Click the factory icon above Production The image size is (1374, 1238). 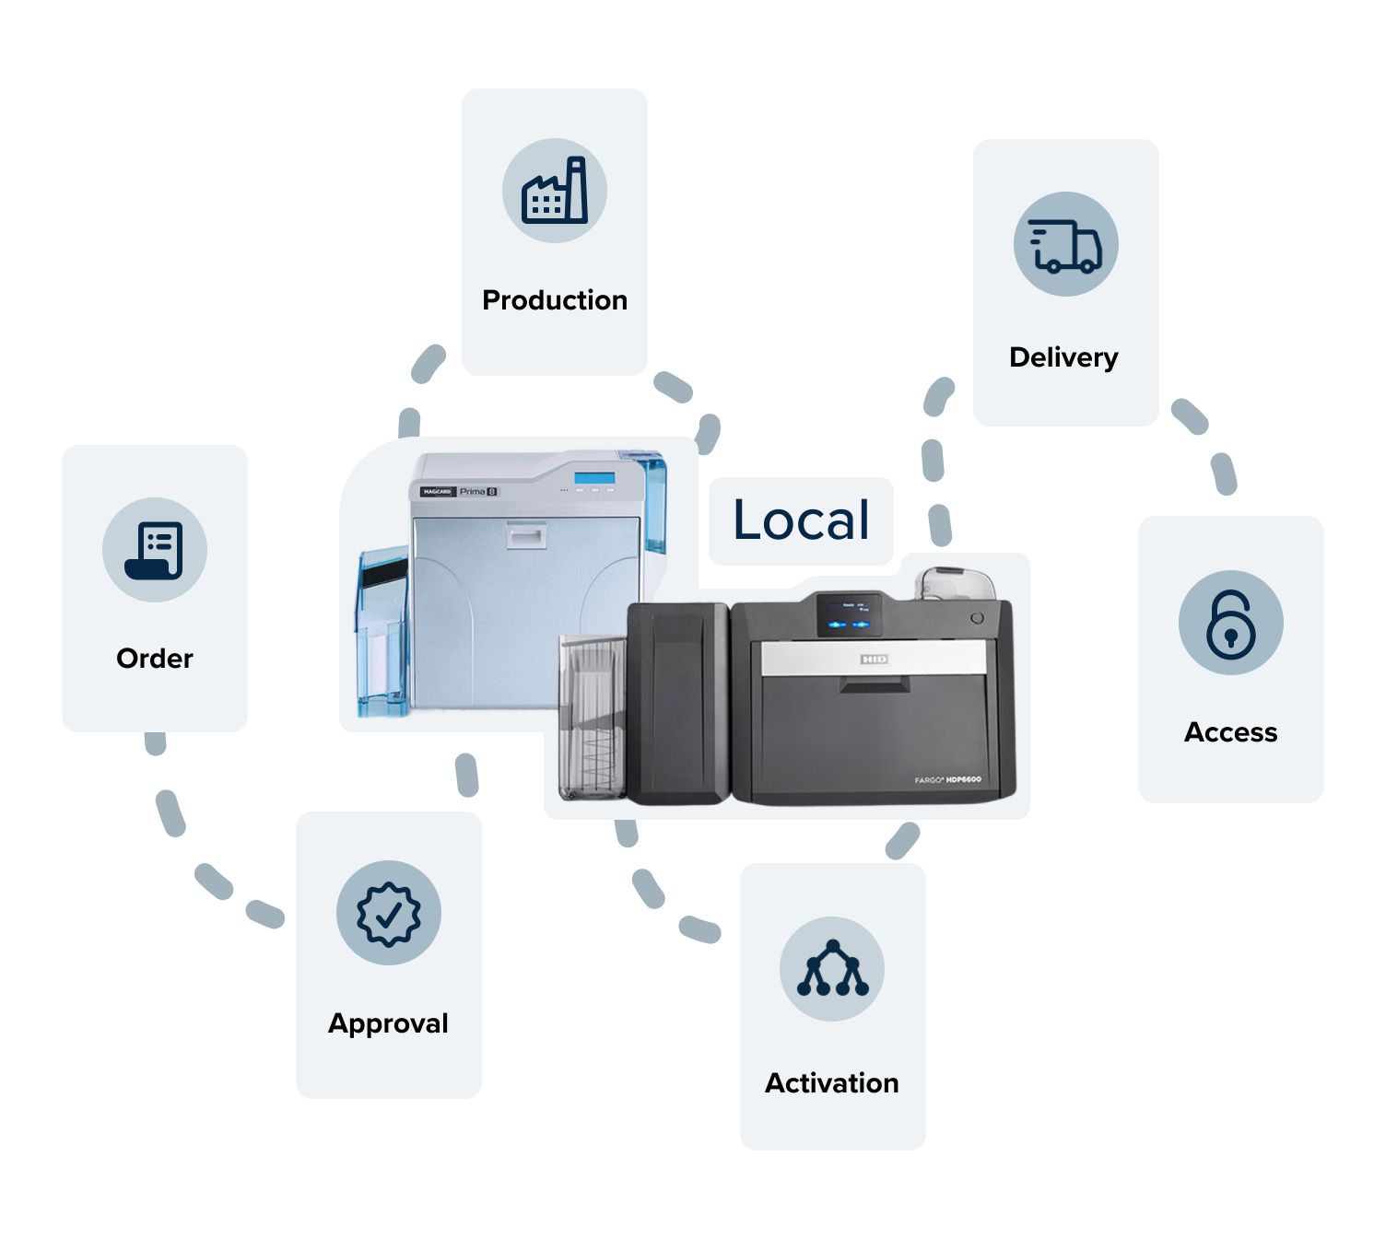555,191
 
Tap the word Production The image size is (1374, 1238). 555,300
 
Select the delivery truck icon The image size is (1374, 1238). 1065,244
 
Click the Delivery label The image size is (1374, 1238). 1063,357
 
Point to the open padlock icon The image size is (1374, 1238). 1230,623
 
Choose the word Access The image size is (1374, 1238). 1230,732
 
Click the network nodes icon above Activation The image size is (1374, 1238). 832,968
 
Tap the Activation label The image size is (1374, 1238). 831,1083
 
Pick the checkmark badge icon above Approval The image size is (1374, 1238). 389,913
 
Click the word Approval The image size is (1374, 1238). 388,1023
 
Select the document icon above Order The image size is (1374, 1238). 155,550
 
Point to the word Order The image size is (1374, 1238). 155,659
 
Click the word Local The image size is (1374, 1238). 801,520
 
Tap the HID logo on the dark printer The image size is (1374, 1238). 874,660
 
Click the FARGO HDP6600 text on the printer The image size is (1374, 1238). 947,780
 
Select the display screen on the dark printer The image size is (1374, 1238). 849,614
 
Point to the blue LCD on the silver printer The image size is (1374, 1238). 594,478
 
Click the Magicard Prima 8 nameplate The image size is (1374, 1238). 459,492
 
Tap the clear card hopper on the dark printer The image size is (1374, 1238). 591,718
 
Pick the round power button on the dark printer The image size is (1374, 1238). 977,618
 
